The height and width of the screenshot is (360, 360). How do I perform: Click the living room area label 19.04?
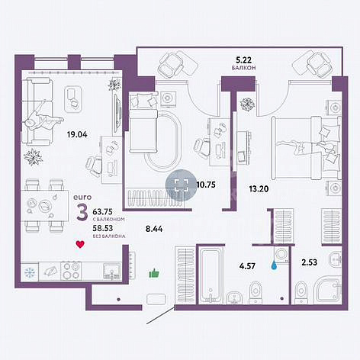(77, 134)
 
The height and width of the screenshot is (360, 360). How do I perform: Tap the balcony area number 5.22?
(244, 60)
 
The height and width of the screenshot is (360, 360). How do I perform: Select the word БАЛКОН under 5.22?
(243, 68)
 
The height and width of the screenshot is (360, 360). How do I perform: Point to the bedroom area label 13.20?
(259, 189)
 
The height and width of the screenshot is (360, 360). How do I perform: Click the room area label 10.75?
(206, 185)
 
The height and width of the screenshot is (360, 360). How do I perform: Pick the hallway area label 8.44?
(154, 229)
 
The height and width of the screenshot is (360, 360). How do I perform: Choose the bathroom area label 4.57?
(247, 266)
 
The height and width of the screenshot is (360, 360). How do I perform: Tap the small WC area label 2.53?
(310, 262)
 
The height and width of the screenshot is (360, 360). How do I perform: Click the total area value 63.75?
(103, 211)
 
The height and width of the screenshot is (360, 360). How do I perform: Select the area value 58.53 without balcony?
(103, 228)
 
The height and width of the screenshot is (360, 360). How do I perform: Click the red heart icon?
(80, 245)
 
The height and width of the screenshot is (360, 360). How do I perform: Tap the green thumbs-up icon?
(154, 274)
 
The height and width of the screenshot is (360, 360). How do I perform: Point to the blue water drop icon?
(274, 265)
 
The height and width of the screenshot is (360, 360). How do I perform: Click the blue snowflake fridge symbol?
(29, 272)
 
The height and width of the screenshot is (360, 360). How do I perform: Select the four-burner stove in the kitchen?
(71, 271)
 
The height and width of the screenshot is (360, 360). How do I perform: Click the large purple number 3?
(82, 212)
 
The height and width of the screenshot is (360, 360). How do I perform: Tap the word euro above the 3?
(82, 197)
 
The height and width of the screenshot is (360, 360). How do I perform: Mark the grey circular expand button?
(182, 185)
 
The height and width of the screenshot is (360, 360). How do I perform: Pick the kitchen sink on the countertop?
(112, 271)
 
